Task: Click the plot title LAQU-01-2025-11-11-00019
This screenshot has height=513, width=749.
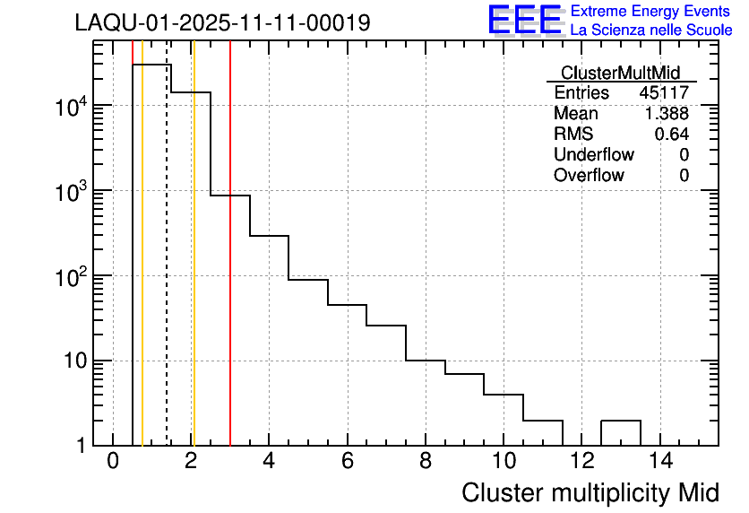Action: (222, 23)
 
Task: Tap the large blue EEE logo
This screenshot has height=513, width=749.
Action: (525, 20)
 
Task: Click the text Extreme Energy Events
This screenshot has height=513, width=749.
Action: (650, 11)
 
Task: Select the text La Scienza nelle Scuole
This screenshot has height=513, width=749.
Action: (651, 30)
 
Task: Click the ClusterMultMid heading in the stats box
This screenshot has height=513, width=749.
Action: (620, 73)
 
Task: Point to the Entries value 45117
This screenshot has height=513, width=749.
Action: (664, 93)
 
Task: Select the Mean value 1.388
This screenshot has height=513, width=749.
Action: (667, 114)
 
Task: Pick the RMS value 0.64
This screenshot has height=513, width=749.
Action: (671, 135)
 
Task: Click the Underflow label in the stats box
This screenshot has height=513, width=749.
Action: (593, 155)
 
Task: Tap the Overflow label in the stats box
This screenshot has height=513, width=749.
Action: (589, 176)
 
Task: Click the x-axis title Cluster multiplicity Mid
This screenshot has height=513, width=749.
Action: (590, 492)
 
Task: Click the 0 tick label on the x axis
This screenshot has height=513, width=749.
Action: (113, 462)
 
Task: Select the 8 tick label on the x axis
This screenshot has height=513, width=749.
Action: (426, 462)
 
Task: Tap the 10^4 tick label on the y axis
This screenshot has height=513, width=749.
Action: (69, 108)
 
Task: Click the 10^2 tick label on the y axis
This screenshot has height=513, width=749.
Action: (69, 277)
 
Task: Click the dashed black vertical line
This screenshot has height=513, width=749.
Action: (167, 269)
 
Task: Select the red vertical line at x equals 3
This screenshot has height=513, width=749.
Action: (230, 269)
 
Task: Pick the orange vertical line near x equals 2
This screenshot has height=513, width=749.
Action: (194, 269)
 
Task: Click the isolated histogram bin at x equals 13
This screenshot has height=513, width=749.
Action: (620, 431)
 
